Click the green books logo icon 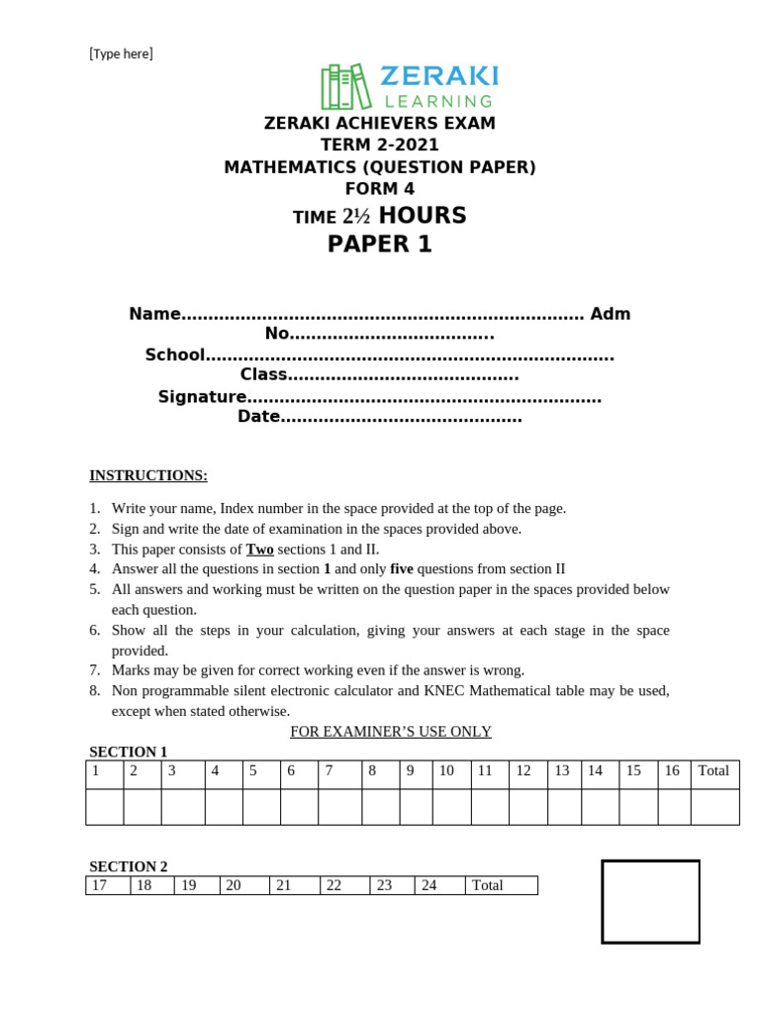click(345, 87)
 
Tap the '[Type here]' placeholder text click(122, 53)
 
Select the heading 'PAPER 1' click(380, 245)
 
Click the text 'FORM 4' click(380, 189)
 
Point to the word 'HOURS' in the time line click(423, 216)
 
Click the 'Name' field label click(154, 314)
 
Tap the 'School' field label click(175, 355)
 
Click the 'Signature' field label click(202, 396)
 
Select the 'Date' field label click(258, 417)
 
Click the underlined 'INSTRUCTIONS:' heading click(148, 475)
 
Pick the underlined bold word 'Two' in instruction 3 click(259, 549)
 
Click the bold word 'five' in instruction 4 click(401, 568)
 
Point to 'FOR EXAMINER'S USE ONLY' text click(390, 731)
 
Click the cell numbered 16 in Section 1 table click(672, 770)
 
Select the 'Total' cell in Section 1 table click(713, 770)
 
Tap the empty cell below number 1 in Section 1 click(104, 806)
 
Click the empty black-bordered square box click(650, 901)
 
